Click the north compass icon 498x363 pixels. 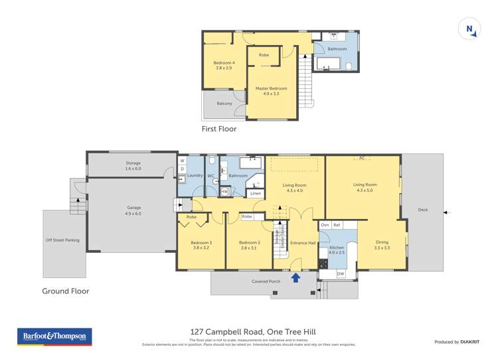coord(469,29)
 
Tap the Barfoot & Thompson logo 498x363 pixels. coord(54,337)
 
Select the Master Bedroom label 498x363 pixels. coord(271,91)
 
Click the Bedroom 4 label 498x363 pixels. coord(223,65)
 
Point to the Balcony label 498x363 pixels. coord(224,104)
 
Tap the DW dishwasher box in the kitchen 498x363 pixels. coord(340,273)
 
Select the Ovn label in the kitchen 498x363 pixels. coord(325,226)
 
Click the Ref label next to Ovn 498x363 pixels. coord(337,226)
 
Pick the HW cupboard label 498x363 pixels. coord(225,192)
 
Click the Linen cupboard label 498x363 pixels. coord(256,193)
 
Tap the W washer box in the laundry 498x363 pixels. coord(182,161)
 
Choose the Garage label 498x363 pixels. coord(134,210)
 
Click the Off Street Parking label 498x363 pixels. coord(62,240)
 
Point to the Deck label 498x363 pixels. coord(423,210)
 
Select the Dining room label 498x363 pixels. coord(382,245)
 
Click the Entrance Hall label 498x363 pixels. coord(303,243)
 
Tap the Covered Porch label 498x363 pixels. coord(266,281)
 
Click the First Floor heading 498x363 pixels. coord(219,129)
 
